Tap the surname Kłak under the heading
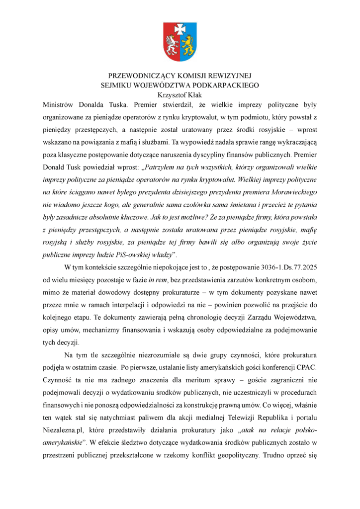click(x=193, y=94)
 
